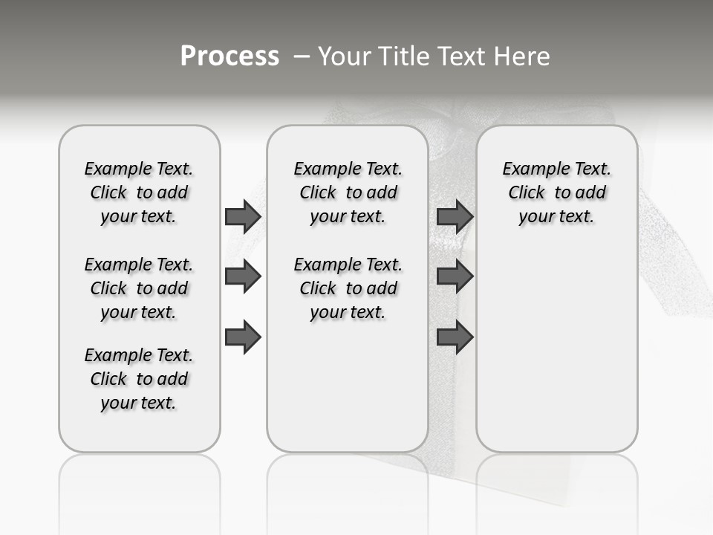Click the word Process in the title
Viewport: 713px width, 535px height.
229,56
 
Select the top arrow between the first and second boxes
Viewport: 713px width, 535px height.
243,216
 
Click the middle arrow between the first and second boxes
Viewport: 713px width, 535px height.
243,276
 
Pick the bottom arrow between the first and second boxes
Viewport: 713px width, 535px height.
243,337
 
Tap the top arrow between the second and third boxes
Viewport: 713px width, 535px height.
455,216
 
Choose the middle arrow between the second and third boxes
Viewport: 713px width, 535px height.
455,276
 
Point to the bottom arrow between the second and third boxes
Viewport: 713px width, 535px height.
455,337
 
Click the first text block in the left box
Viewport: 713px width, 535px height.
139,192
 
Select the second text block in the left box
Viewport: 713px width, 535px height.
139,288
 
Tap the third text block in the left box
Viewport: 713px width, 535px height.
139,379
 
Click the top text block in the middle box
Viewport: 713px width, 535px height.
348,192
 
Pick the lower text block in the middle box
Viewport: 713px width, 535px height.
348,288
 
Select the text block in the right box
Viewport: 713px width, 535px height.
556,192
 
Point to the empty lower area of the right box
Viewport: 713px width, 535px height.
556,349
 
